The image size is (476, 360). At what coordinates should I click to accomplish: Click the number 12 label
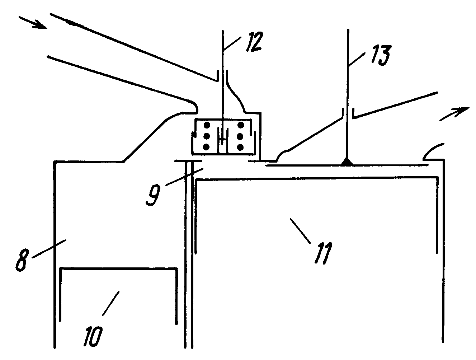(255, 42)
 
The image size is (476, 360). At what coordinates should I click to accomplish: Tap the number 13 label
(381, 55)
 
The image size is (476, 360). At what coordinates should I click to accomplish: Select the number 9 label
(153, 195)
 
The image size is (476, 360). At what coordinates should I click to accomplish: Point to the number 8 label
(22, 260)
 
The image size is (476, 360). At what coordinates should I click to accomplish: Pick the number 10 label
(93, 336)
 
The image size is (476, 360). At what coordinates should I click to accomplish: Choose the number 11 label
(324, 253)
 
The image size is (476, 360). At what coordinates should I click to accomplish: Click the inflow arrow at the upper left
(33, 22)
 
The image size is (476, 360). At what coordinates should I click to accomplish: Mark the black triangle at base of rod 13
(347, 162)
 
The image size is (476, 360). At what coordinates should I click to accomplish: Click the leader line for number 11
(300, 231)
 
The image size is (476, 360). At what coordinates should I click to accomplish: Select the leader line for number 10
(110, 303)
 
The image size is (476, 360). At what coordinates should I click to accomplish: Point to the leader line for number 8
(49, 248)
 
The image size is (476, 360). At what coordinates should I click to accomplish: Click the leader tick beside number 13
(356, 59)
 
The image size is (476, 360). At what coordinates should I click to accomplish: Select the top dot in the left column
(207, 125)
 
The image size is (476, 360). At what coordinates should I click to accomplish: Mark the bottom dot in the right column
(240, 148)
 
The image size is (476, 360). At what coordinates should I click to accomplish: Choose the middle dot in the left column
(207, 136)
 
